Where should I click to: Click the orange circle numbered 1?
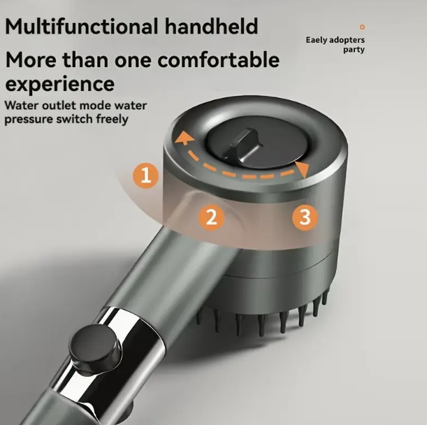[145, 175]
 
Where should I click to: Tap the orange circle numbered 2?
[212, 217]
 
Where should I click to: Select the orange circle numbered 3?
[305, 217]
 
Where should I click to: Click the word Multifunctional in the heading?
[82, 27]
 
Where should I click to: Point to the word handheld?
[211, 27]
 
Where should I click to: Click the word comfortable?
[219, 59]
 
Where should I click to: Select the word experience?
[60, 85]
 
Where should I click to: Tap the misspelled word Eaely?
[316, 40]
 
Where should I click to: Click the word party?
[354, 50]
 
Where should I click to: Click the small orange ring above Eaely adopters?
[362, 27]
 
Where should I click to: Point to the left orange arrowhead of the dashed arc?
[184, 137]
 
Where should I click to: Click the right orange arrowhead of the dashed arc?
[303, 170]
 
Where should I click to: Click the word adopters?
[347, 41]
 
